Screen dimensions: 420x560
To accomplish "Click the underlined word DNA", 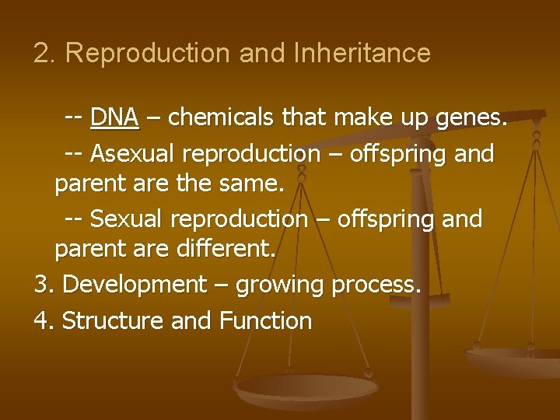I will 114,117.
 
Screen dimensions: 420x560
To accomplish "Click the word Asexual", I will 135,154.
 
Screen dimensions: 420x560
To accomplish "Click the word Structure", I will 112,320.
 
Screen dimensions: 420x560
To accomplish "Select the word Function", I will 265,320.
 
